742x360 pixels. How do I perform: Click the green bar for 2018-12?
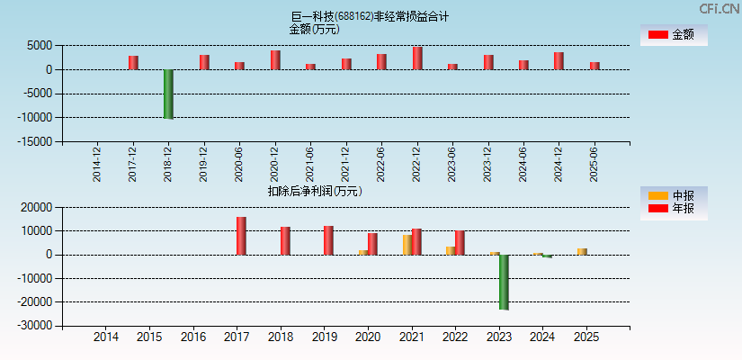[168, 94]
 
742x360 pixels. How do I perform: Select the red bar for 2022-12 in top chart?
[417, 58]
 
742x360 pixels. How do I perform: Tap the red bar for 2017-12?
[133, 63]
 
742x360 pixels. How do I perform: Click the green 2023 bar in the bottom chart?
[504, 282]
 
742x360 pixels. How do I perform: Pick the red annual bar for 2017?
[241, 236]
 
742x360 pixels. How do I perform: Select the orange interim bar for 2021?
[407, 245]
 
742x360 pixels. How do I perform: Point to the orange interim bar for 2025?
[582, 251]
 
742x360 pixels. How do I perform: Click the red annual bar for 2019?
[328, 240]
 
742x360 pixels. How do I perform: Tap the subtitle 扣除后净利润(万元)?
[315, 191]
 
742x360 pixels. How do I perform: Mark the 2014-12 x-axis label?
[97, 165]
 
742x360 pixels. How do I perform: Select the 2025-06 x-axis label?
[594, 165]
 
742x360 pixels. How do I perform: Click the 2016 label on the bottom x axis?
[193, 337]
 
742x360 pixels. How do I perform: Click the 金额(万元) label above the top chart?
[314, 29]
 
